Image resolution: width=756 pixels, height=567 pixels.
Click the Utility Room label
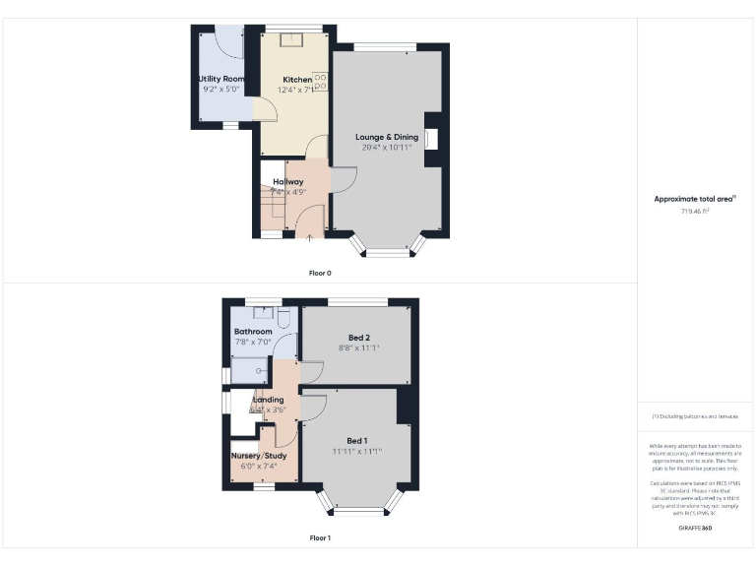[x=220, y=78]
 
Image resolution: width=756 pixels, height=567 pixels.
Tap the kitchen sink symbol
[x=292, y=40]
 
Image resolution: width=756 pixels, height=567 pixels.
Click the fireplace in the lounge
[x=430, y=139]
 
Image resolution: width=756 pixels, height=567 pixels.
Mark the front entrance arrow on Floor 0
[x=311, y=236]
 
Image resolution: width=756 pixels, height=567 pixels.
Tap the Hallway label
[x=288, y=182]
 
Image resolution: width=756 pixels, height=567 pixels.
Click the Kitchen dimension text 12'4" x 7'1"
[x=297, y=90]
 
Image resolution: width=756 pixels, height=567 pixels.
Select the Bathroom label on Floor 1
[x=253, y=332]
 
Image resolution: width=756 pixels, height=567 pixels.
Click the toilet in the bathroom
[x=283, y=318]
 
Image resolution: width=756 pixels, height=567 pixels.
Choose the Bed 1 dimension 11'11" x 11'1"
[x=356, y=452]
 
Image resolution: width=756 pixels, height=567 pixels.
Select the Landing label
[x=268, y=400]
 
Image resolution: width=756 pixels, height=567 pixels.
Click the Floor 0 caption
[x=321, y=273]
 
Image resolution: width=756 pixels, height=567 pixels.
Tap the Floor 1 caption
[x=321, y=538]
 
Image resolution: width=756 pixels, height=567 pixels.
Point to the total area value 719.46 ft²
[x=695, y=211]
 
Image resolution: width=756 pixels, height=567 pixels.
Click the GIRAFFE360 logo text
[x=695, y=529]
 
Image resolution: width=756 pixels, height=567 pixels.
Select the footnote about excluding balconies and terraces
[x=695, y=417]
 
